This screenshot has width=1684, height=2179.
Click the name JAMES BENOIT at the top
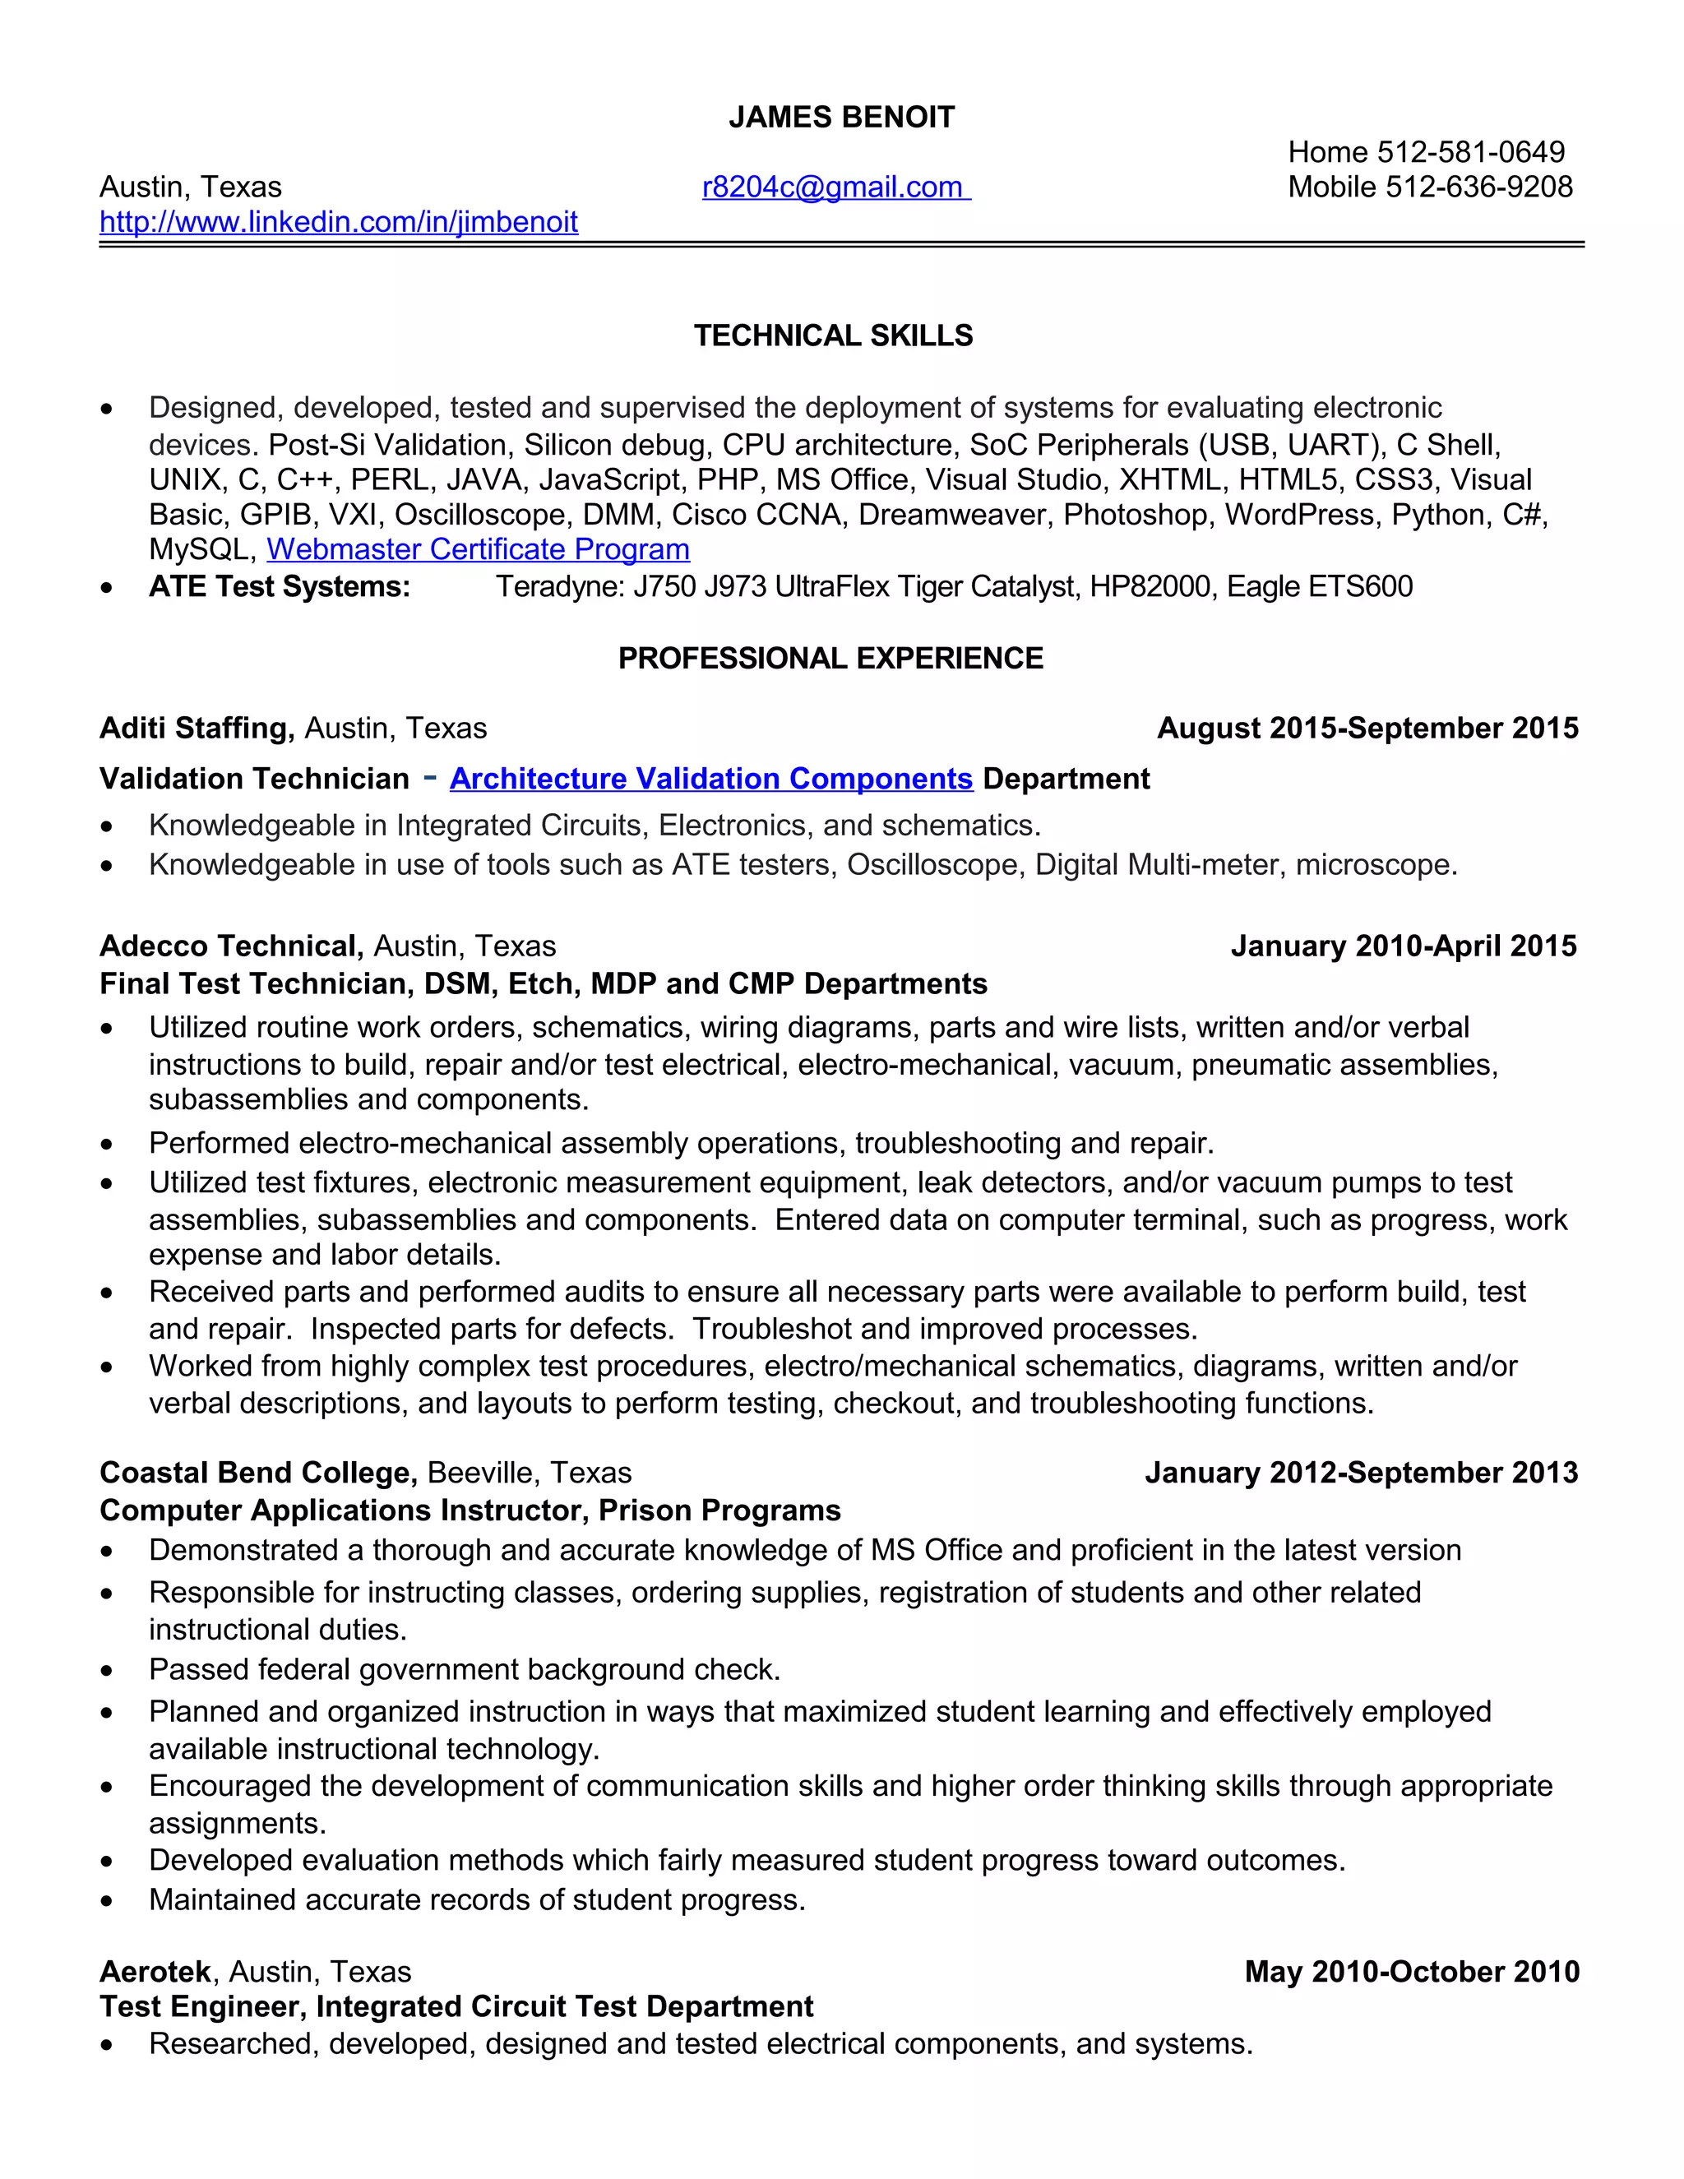click(841, 118)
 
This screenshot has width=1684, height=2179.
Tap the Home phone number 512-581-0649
click(1470, 153)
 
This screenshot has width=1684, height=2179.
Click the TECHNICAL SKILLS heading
click(833, 336)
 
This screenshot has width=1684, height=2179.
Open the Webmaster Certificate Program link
click(478, 550)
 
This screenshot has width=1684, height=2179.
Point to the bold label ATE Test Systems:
click(280, 586)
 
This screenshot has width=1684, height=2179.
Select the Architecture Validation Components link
click(710, 780)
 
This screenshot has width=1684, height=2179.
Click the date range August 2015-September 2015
click(1367, 729)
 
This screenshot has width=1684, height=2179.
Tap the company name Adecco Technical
click(229, 946)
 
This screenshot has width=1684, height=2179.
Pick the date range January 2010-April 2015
click(1403, 946)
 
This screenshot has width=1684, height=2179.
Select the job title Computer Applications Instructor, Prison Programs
click(470, 1510)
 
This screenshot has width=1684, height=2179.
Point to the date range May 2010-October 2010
click(1412, 1972)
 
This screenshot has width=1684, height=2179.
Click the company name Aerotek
click(155, 1972)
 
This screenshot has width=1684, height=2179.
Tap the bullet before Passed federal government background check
click(107, 1671)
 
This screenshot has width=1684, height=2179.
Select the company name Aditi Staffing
click(197, 729)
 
